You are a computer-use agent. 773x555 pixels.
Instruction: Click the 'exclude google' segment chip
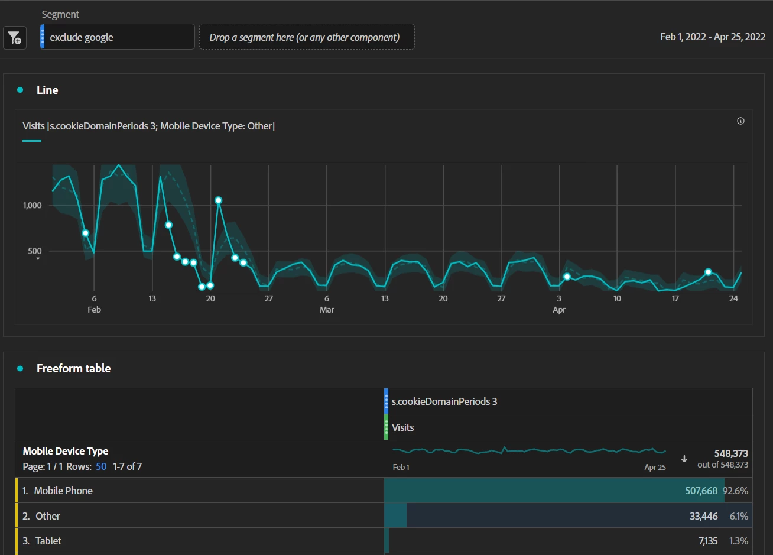(117, 37)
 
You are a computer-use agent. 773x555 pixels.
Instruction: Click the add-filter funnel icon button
(14, 38)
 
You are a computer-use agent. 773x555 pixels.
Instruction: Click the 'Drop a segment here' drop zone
(306, 37)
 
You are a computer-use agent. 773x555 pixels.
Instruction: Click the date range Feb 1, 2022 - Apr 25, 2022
(712, 37)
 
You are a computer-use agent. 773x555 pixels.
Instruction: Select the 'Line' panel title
(47, 90)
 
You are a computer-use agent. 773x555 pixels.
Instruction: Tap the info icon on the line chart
(740, 121)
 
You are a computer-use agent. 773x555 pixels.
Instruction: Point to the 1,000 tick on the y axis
(33, 205)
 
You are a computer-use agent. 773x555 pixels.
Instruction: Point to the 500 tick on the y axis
(34, 251)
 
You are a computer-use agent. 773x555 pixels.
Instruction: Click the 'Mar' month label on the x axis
(327, 310)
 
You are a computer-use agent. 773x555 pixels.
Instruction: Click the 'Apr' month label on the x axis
(559, 310)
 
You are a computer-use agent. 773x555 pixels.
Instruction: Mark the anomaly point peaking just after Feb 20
(218, 200)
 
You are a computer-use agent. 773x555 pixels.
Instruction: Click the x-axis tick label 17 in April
(675, 298)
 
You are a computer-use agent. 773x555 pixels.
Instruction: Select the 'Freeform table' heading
(73, 368)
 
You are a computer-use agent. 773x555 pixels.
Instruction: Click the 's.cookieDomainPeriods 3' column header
(444, 401)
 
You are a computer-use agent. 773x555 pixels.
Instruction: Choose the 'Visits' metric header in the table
(402, 427)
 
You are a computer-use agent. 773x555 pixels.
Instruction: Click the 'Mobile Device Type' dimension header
(66, 451)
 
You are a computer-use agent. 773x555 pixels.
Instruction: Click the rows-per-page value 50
(101, 466)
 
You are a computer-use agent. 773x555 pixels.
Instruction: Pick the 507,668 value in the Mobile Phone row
(701, 491)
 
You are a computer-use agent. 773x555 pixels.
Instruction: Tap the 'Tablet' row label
(48, 541)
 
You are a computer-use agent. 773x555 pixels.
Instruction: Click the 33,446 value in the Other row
(703, 516)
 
